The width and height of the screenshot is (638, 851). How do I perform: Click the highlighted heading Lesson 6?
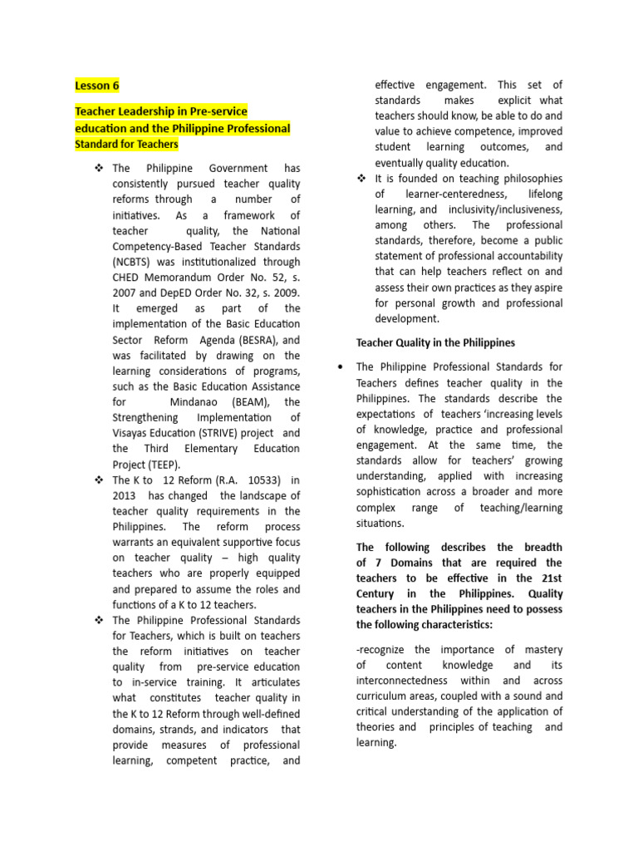[x=97, y=86]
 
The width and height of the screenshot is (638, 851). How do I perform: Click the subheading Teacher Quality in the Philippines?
[x=435, y=342]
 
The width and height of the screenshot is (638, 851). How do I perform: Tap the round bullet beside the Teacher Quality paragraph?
[x=341, y=366]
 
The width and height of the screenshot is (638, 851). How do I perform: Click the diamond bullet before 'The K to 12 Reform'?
[x=99, y=480]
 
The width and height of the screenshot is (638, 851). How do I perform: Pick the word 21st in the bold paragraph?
[x=549, y=578]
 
